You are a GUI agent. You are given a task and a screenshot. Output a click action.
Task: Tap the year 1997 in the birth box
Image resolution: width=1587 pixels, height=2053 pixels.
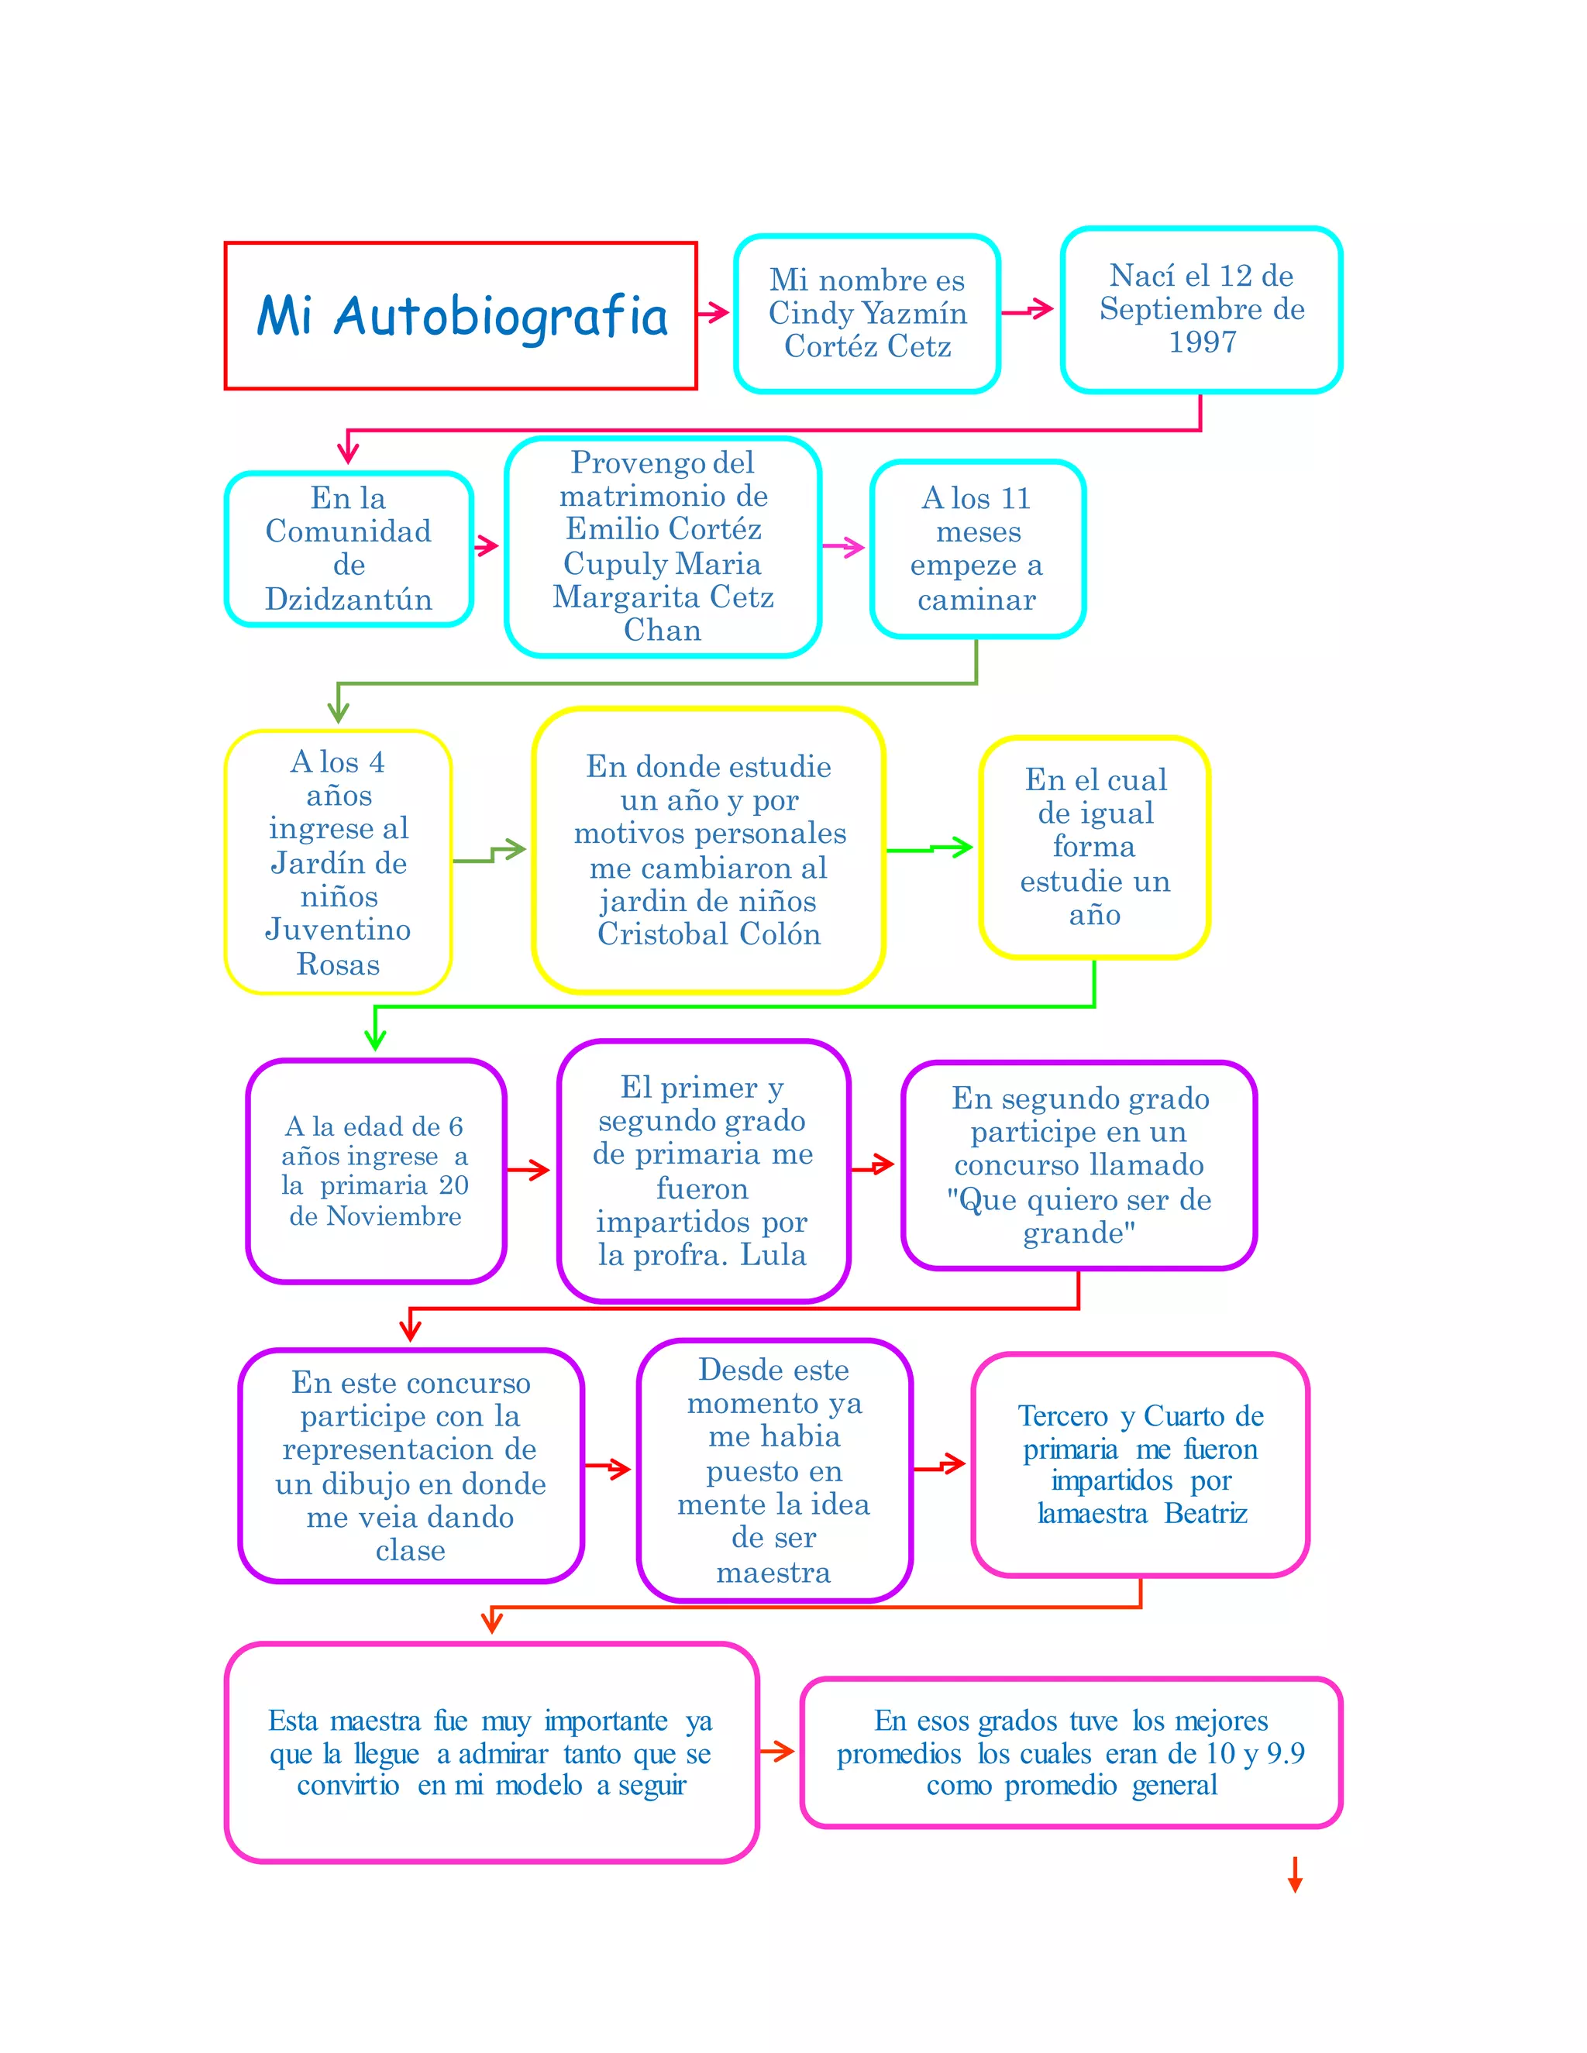pos(1202,342)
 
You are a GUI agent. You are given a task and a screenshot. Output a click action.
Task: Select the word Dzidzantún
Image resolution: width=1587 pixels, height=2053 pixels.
pos(348,599)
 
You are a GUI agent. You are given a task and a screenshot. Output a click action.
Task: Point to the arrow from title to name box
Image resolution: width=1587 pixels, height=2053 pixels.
pos(714,312)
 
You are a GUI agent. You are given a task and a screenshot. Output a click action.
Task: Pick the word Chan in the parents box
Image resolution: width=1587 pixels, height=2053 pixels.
pos(662,630)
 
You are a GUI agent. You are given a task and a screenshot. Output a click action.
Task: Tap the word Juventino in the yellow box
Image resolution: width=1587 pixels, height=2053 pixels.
pos(339,930)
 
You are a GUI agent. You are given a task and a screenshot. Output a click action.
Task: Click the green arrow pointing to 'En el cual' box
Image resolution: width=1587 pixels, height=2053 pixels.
pos(931,848)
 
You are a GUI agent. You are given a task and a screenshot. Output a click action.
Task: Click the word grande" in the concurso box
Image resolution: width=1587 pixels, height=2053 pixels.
pos(1079,1233)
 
